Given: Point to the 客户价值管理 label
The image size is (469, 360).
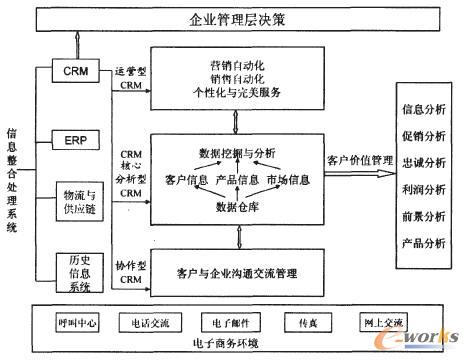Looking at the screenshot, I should pos(356,159).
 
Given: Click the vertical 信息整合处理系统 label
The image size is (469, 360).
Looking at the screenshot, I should pos(13,181).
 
